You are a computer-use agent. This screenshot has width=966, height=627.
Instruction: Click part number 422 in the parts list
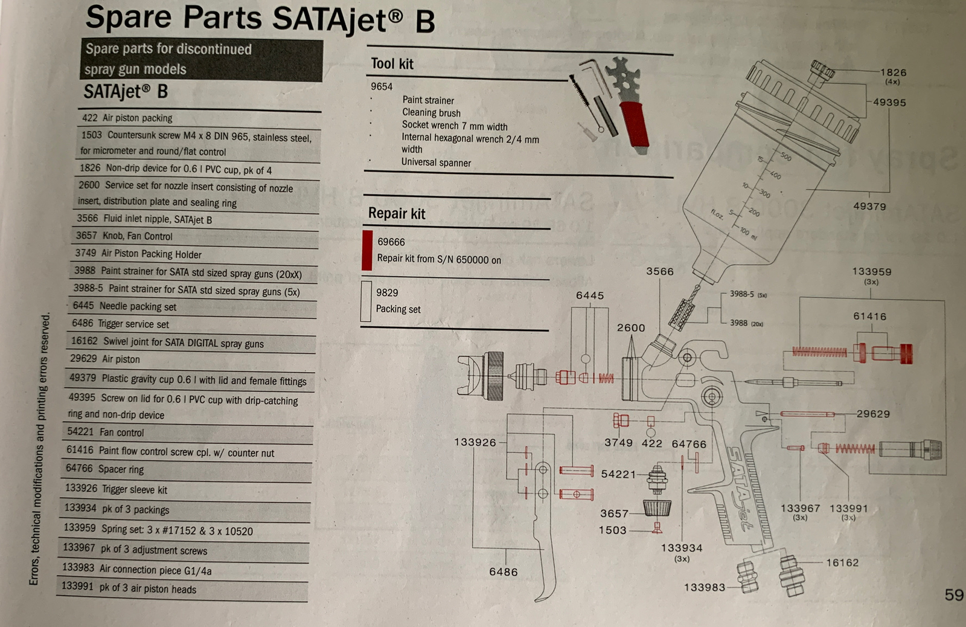point(89,118)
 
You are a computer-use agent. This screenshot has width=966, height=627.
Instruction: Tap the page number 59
point(954,595)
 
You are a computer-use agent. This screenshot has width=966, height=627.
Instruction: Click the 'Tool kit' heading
point(392,64)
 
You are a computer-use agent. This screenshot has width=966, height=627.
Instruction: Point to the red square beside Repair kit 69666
point(366,250)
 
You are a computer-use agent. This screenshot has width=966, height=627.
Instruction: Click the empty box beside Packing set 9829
point(365,300)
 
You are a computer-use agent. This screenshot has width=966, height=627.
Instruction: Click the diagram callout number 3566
point(660,272)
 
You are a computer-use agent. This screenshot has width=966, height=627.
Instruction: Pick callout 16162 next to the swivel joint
point(842,563)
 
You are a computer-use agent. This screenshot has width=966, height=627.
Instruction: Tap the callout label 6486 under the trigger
point(504,572)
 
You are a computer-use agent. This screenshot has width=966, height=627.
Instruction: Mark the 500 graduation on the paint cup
point(785,156)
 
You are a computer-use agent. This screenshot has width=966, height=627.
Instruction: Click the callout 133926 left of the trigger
point(475,443)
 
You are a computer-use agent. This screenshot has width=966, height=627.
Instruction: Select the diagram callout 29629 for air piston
point(873,414)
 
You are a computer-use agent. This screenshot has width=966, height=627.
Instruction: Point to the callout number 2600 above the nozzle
point(631,328)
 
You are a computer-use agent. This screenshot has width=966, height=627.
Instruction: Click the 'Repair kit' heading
point(397,214)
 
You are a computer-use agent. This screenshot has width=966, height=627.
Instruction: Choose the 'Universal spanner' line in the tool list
point(436,162)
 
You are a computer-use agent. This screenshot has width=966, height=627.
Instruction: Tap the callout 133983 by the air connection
point(705,587)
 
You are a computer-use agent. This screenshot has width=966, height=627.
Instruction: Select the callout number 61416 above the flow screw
point(869,317)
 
